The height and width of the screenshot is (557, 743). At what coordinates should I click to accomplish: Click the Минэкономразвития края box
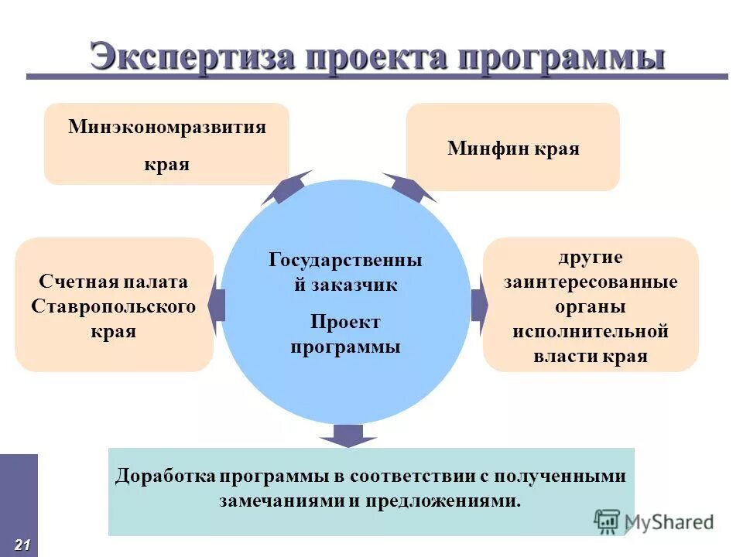[x=166, y=145]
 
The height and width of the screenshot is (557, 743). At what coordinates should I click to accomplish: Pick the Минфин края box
[x=512, y=147]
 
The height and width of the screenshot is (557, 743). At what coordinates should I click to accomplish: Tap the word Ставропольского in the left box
[x=114, y=306]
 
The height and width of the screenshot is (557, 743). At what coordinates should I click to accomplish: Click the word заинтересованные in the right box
[x=591, y=282]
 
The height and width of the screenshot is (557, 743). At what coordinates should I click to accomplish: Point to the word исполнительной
[x=591, y=332]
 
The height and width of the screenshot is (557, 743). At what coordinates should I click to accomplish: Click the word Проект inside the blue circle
[x=345, y=321]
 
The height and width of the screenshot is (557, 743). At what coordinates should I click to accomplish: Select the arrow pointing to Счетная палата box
[x=216, y=305]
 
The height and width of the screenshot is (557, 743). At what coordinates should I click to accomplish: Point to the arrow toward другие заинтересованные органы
[x=479, y=305]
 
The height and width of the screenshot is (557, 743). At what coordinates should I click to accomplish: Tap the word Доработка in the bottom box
[x=164, y=477]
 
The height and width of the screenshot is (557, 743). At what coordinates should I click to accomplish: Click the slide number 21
[x=22, y=545]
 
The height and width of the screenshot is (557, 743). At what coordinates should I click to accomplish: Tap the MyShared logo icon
[x=608, y=521]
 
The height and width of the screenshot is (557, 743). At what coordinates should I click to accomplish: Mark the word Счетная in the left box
[x=73, y=282]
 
